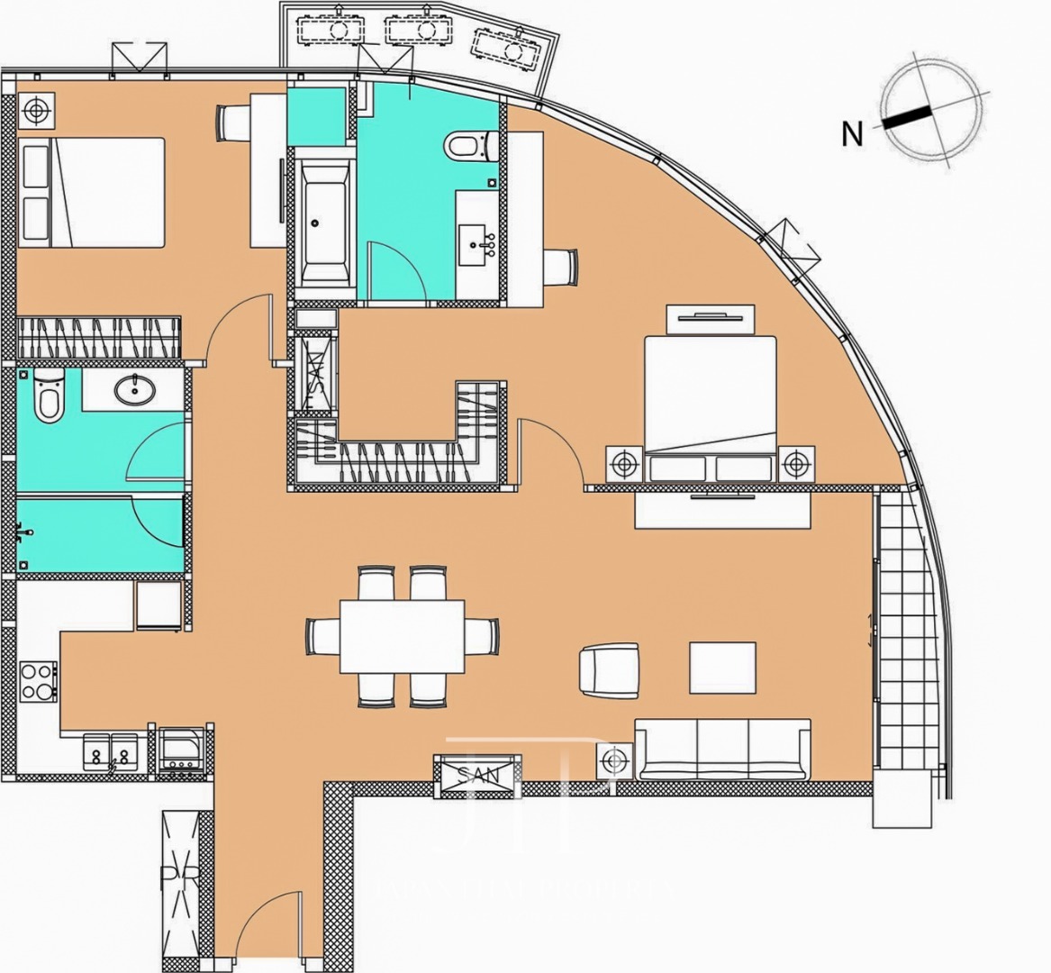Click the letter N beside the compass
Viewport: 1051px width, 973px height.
851,134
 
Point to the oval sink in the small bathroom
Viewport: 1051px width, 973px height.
136,389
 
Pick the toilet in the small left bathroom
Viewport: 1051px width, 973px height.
49,396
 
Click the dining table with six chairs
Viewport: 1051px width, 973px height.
402,636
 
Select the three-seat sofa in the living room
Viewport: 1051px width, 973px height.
722,750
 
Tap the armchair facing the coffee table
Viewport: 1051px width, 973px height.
610,669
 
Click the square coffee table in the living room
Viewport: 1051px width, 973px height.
722,668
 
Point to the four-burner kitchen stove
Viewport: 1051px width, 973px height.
39,681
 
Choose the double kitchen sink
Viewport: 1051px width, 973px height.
111,751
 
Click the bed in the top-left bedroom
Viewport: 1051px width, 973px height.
93,192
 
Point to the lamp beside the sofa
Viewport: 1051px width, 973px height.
614,762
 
